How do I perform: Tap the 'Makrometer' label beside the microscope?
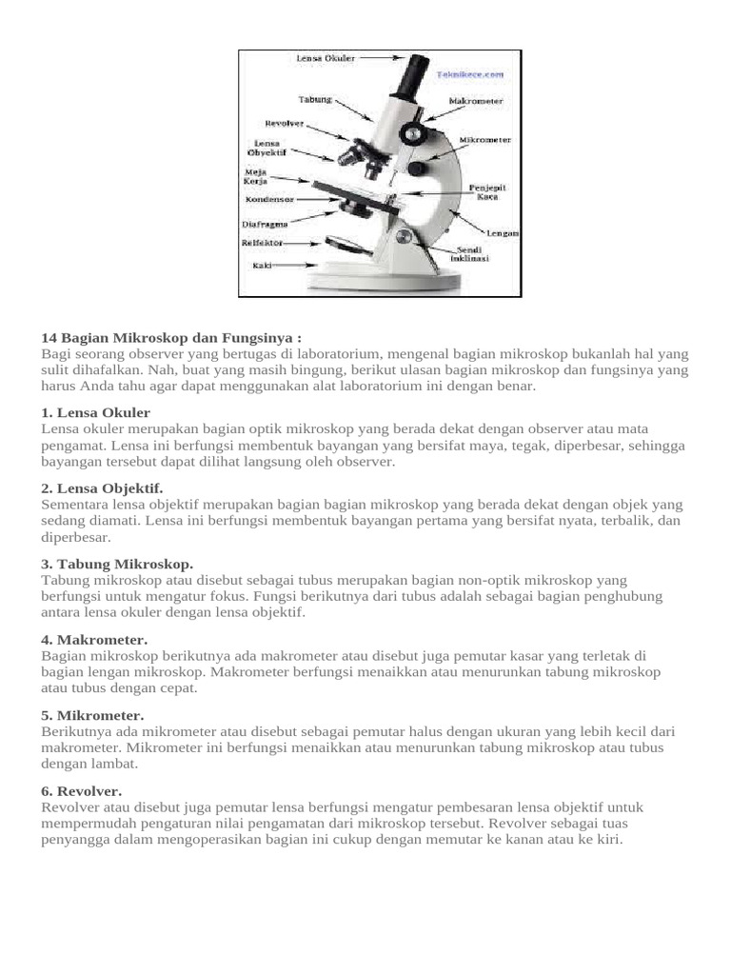click(475, 101)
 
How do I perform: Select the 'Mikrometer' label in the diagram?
click(485, 139)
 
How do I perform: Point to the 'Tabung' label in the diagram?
click(315, 99)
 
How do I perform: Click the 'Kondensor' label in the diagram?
click(269, 200)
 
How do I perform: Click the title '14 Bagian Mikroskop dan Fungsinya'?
click(171, 338)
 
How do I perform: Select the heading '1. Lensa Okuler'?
click(96, 412)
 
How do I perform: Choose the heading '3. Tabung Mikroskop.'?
click(117, 564)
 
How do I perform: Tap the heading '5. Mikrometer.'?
click(93, 714)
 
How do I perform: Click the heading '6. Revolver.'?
click(82, 790)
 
